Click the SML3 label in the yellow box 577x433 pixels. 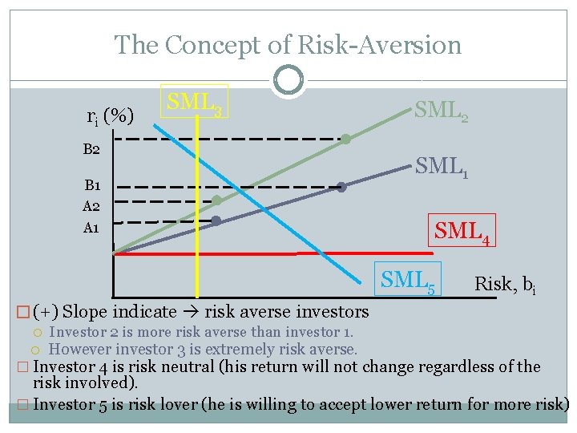(195, 102)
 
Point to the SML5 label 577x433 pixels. (408, 280)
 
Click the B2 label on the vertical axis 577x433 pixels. (91, 149)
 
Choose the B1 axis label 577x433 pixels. (91, 186)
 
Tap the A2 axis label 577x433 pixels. (91, 206)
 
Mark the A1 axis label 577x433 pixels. (91, 228)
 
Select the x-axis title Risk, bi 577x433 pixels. (504, 284)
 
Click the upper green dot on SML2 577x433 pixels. (345, 140)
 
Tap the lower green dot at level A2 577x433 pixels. (216, 200)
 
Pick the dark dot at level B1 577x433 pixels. (341, 188)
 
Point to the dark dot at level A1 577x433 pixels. (216, 221)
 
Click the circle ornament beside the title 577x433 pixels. (288, 79)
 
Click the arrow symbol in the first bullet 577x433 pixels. (192, 312)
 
